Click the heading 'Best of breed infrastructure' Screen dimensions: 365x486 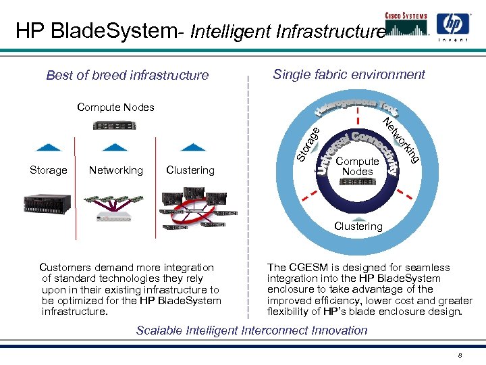pyautogui.click(x=128, y=75)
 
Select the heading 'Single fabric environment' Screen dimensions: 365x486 pyautogui.click(x=349, y=74)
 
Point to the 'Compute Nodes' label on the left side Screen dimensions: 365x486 pyautogui.click(x=115, y=107)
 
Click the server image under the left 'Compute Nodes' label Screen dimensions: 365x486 pyautogui.click(x=115, y=125)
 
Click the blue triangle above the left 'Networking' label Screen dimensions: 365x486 pyautogui.click(x=117, y=146)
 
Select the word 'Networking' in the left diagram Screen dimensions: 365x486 pyautogui.click(x=115, y=170)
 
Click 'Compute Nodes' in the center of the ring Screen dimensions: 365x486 pyautogui.click(x=357, y=166)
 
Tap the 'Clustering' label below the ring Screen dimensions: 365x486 pyautogui.click(x=358, y=226)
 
